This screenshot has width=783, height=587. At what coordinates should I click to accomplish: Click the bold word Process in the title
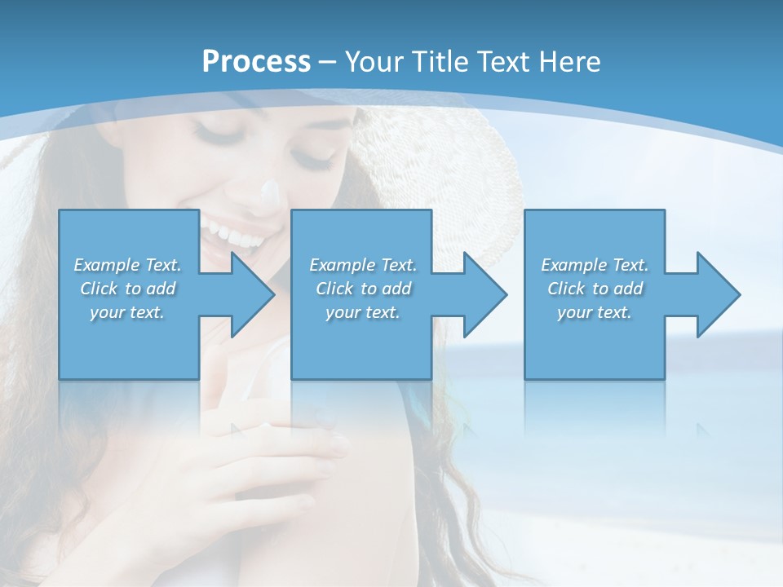point(256,61)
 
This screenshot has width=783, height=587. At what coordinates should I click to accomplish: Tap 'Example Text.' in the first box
point(127,265)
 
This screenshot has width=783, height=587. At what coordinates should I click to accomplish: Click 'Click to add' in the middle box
point(363,289)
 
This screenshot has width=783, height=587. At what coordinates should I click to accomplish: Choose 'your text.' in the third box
point(595,312)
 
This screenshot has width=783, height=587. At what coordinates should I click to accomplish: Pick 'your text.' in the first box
point(127,312)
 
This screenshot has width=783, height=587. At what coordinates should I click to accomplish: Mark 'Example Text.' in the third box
point(595,265)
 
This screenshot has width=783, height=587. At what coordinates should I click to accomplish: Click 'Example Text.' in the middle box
point(363,265)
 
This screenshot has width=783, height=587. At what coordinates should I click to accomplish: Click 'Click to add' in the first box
point(127,289)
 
